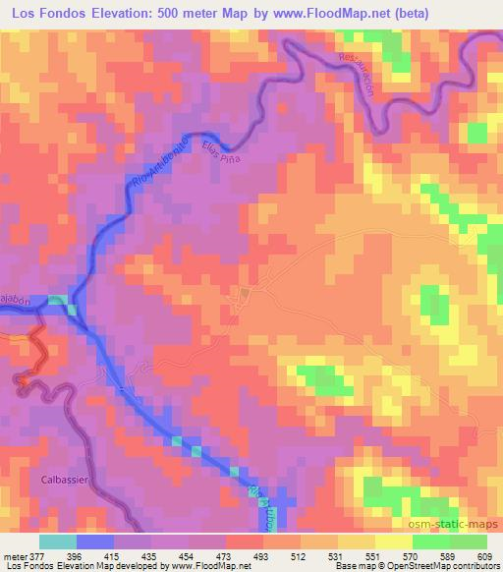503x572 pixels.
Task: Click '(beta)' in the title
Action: (x=469, y=14)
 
